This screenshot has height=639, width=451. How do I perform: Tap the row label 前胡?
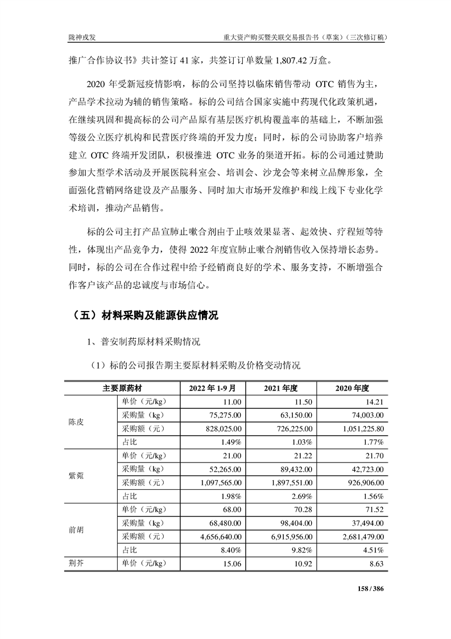coord(76,529)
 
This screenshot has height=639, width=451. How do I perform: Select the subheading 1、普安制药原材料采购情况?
coord(143,343)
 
